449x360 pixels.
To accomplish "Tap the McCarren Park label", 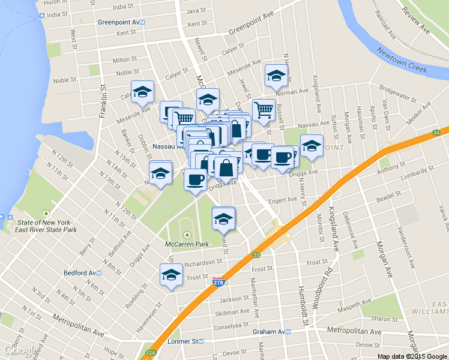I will (187, 244).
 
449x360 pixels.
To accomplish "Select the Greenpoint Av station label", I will (122, 22).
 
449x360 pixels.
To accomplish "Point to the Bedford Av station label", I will (82, 272).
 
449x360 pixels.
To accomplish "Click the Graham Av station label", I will (271, 332).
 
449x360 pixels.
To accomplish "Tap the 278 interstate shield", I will (218, 282).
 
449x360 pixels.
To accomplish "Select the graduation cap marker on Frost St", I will (170, 275).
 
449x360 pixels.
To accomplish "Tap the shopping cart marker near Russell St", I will (263, 110).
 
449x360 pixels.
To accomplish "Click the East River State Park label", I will (46, 226).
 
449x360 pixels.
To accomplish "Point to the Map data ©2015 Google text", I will (411, 356).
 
